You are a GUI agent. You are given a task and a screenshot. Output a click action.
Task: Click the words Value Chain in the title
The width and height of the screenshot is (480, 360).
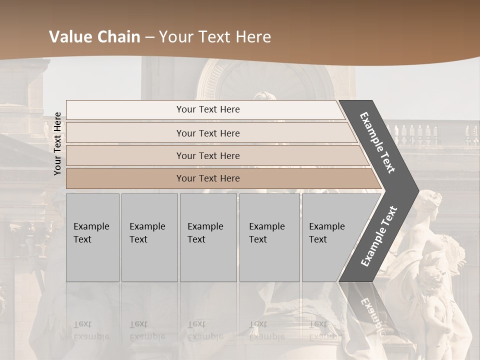point(94,37)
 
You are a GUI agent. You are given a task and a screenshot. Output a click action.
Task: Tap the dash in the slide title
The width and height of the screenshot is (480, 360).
point(149,37)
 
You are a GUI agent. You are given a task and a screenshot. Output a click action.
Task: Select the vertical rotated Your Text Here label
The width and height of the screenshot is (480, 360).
point(58,143)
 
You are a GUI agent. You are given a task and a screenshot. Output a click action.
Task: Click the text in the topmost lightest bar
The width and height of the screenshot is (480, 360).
point(208,109)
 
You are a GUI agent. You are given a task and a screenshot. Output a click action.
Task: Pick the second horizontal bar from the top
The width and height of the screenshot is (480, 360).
point(208,133)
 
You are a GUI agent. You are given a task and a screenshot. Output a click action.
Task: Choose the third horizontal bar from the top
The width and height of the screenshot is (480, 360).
point(208,155)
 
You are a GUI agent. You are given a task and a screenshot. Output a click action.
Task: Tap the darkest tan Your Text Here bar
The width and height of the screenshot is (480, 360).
point(208,178)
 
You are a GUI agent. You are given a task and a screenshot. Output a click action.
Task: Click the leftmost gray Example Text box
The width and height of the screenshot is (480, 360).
point(92,237)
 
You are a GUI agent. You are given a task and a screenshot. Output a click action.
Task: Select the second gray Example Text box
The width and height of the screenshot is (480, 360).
point(149,237)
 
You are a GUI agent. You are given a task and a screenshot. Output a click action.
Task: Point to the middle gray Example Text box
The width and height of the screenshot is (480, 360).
point(207,237)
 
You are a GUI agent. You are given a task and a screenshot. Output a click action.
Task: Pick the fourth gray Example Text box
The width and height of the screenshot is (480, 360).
point(269,237)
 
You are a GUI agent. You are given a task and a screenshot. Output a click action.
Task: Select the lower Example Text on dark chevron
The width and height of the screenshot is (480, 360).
point(379,236)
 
